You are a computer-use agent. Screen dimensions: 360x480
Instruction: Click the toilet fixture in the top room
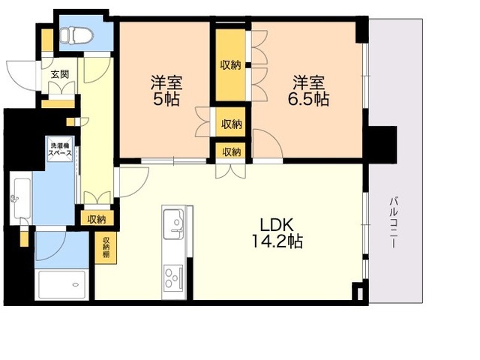(x=76, y=34)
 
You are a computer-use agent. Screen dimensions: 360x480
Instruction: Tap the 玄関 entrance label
(x=59, y=74)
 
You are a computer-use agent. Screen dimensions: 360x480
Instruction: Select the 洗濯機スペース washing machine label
(x=60, y=149)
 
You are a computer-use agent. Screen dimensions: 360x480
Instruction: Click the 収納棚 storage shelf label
(x=106, y=247)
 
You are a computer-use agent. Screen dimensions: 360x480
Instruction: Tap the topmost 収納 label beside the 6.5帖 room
(x=231, y=65)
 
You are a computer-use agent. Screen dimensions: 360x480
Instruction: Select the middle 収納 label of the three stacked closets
(x=231, y=124)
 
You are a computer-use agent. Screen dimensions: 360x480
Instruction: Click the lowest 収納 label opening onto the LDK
(x=231, y=151)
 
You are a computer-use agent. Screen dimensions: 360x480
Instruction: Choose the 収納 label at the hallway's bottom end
(x=95, y=219)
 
